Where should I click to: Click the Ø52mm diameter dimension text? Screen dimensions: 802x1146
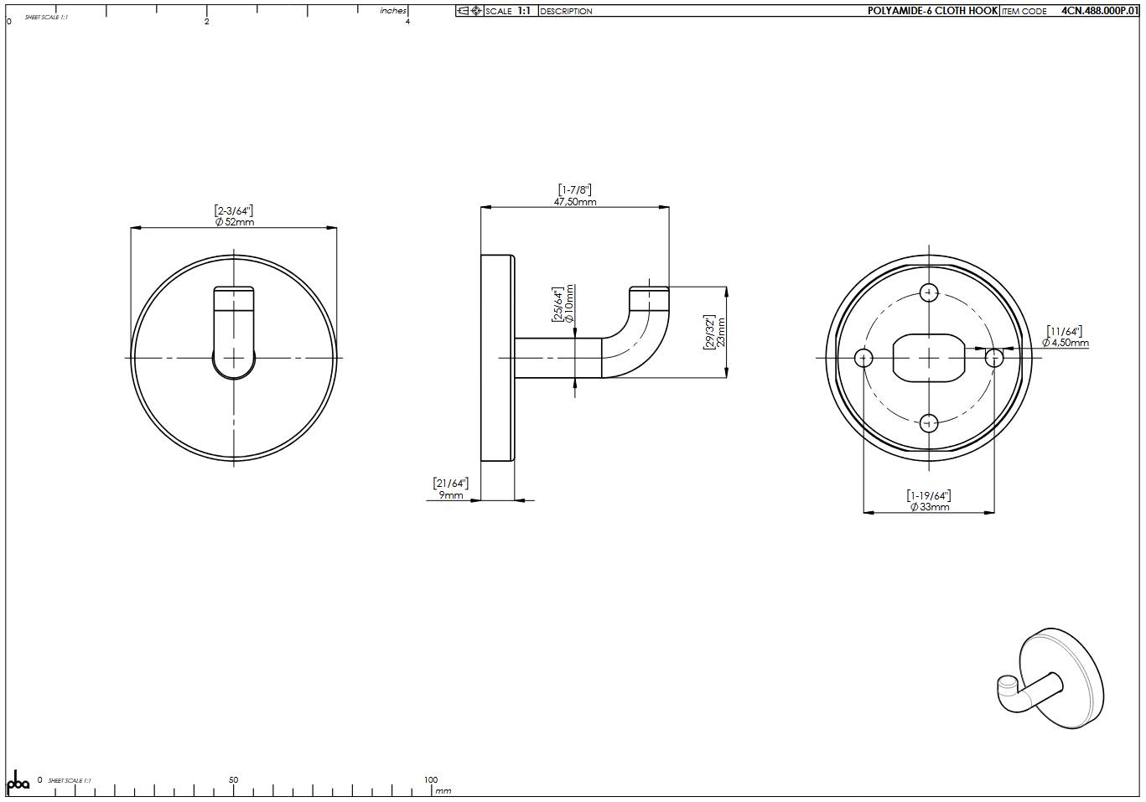(234, 222)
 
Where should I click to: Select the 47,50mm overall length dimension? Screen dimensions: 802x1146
(575, 202)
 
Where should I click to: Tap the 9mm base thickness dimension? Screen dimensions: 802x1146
(450, 495)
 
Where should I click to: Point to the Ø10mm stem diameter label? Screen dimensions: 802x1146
(569, 303)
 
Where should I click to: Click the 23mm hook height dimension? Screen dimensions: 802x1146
(720, 332)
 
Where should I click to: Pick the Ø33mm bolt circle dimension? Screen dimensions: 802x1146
(929, 507)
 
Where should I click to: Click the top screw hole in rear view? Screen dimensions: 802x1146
(929, 292)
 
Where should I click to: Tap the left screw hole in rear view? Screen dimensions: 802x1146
(863, 359)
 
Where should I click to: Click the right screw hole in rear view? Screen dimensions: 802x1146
(994, 359)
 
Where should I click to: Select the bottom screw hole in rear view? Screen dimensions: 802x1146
(929, 423)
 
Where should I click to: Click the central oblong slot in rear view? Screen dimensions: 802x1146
(929, 358)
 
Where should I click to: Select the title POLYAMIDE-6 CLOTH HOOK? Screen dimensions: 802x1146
(932, 11)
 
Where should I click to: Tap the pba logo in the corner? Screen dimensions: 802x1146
(18, 782)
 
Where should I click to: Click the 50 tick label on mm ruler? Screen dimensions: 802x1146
(233, 780)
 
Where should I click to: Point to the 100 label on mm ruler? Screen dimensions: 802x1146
(430, 780)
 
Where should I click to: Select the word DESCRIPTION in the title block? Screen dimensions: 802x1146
(566, 12)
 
